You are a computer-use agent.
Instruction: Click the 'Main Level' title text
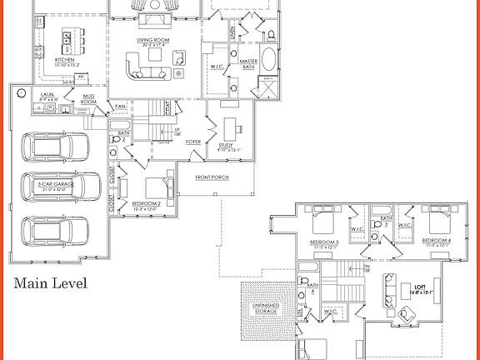[x=50, y=284]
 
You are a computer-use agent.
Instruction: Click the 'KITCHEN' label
[x=67, y=60]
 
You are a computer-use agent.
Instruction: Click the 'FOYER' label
[x=193, y=142]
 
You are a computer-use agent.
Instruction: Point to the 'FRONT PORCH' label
[x=213, y=177]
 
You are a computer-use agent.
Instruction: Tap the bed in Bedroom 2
[x=156, y=187]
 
